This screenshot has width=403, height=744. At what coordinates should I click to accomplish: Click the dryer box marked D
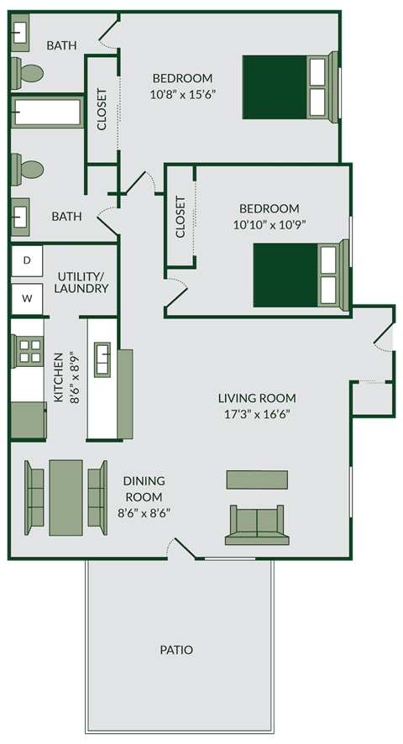[26, 260]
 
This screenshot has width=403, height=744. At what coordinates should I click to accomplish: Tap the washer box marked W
[26, 297]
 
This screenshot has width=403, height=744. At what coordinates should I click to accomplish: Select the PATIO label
[176, 649]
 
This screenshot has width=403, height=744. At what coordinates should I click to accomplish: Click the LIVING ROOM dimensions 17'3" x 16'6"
[257, 413]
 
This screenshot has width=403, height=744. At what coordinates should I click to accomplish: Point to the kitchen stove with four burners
[29, 349]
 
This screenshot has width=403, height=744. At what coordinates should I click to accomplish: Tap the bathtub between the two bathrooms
[47, 112]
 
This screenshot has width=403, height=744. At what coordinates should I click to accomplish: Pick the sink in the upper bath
[20, 32]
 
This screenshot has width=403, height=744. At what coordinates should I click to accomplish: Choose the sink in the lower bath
[20, 216]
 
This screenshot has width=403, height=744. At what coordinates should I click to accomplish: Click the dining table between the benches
[65, 497]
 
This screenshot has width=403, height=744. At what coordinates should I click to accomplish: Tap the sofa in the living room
[257, 526]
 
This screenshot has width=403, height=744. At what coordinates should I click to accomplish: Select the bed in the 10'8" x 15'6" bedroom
[290, 86]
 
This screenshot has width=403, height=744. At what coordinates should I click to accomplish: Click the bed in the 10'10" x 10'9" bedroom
[299, 275]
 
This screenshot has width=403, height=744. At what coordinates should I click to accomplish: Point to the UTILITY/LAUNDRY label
[82, 282]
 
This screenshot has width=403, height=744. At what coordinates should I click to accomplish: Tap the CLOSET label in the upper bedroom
[102, 110]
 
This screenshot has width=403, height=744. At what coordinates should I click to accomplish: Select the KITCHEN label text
[59, 377]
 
